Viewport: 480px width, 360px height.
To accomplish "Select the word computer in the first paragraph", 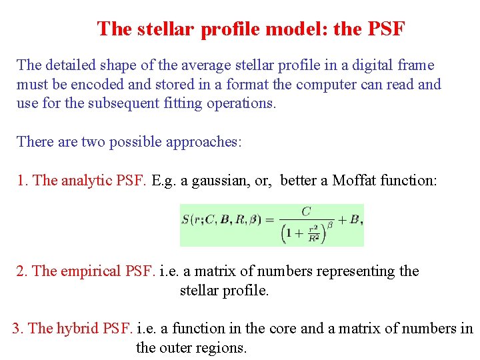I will (323, 85).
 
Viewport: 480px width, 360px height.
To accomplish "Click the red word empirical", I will (92, 271).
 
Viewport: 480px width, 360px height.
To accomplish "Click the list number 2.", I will (21, 271).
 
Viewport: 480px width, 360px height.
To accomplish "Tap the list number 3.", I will (18, 328).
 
